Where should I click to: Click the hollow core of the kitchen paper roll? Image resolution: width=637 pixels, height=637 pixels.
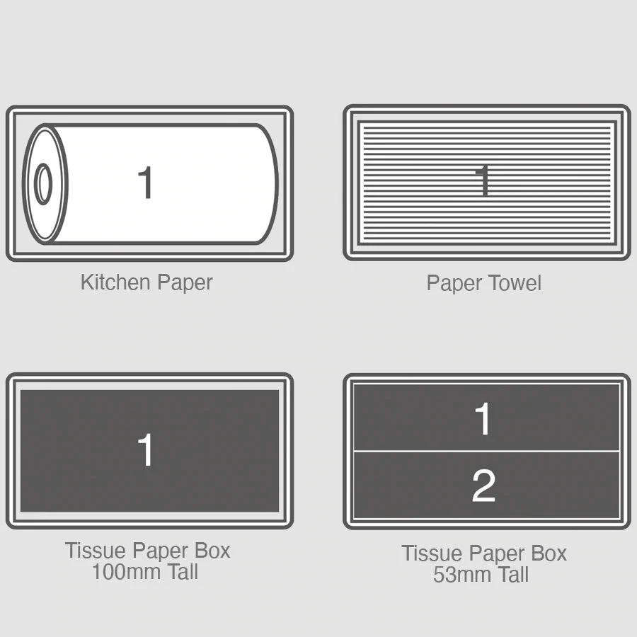43,184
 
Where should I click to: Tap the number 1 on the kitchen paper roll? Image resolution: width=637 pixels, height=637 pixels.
145,183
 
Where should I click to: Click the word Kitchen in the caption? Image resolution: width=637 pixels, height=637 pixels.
115,282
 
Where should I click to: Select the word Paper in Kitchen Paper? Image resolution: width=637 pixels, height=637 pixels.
185,283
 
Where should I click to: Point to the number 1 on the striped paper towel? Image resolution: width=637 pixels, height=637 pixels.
483,180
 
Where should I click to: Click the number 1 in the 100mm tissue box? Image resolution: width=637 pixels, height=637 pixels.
145,449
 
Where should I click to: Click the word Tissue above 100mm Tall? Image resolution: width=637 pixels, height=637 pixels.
96,551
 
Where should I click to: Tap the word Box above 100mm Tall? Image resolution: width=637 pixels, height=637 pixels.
212,551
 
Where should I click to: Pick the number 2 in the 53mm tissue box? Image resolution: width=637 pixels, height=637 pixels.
483,486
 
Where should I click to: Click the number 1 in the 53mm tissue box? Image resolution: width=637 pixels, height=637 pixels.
483,419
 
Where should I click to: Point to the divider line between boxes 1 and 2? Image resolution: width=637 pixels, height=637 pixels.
487,451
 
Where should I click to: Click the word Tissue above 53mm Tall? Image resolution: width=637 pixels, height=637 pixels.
432,553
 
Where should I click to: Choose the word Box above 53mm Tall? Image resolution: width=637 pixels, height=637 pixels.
549,553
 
